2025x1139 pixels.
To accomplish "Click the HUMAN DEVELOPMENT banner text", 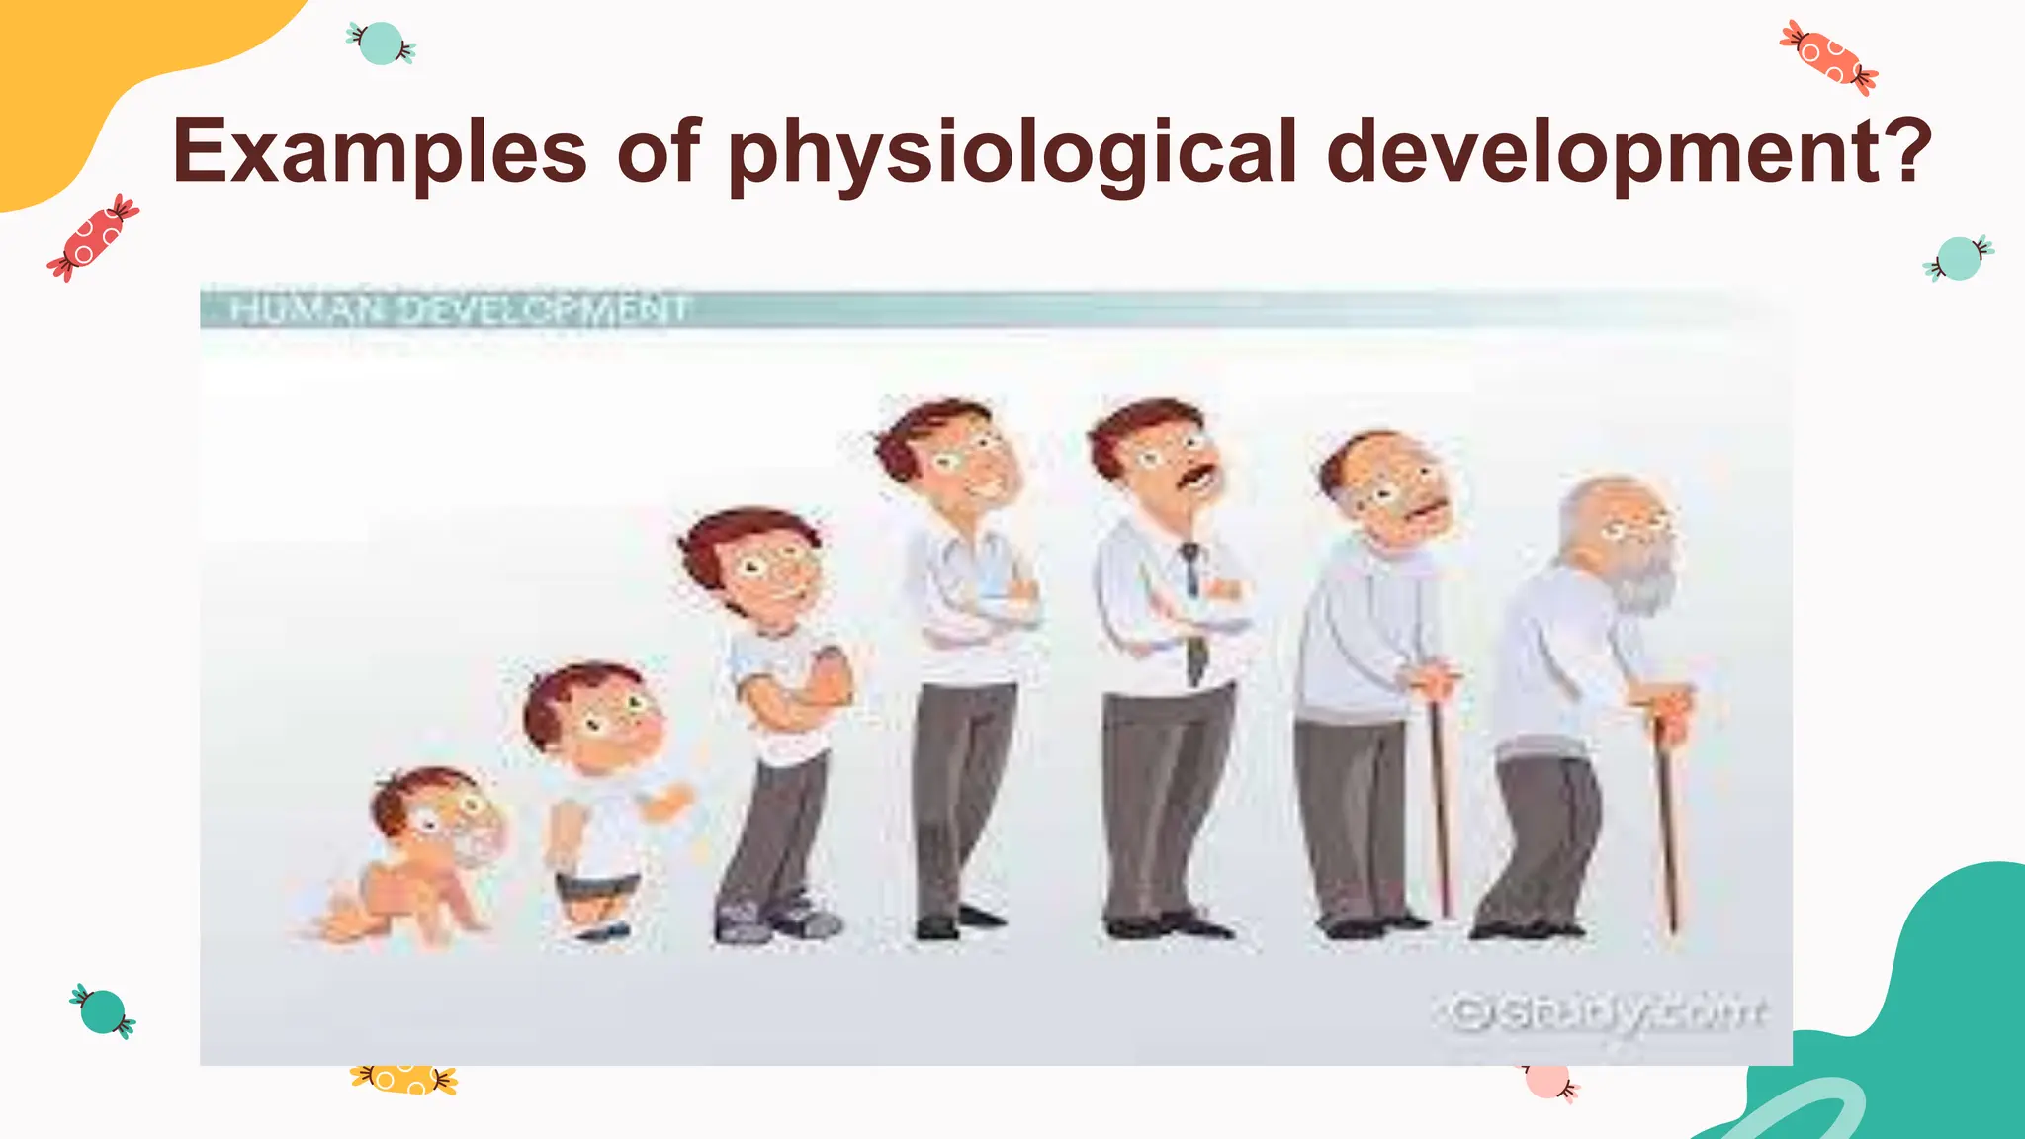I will point(459,309).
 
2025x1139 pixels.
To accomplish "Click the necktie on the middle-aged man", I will point(1194,613).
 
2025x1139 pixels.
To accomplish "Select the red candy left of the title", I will point(93,237).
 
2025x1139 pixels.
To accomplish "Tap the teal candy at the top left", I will point(382,44).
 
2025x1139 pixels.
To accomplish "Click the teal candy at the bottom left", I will point(103,1011).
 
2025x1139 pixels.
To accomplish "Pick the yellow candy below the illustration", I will point(403,1079).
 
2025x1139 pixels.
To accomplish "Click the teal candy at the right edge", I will point(1958,259).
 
